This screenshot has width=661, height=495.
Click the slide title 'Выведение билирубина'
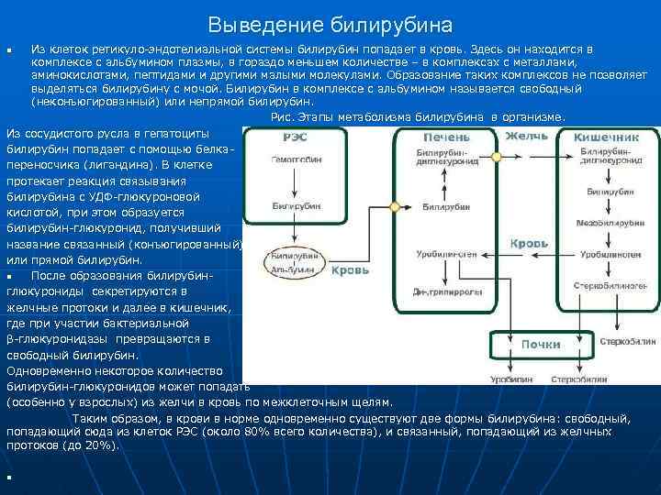(x=330, y=23)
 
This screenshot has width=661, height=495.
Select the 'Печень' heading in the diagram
(x=446, y=137)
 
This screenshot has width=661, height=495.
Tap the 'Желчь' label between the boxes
(x=527, y=137)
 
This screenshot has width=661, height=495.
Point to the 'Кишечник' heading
(x=606, y=137)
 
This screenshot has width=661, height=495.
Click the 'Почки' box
(x=541, y=344)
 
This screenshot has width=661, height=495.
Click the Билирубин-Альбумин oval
(x=294, y=262)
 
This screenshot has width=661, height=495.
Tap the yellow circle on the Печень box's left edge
(x=396, y=208)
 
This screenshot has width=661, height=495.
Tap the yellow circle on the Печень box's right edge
(x=500, y=157)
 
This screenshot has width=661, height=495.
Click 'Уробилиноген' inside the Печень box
(x=446, y=252)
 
